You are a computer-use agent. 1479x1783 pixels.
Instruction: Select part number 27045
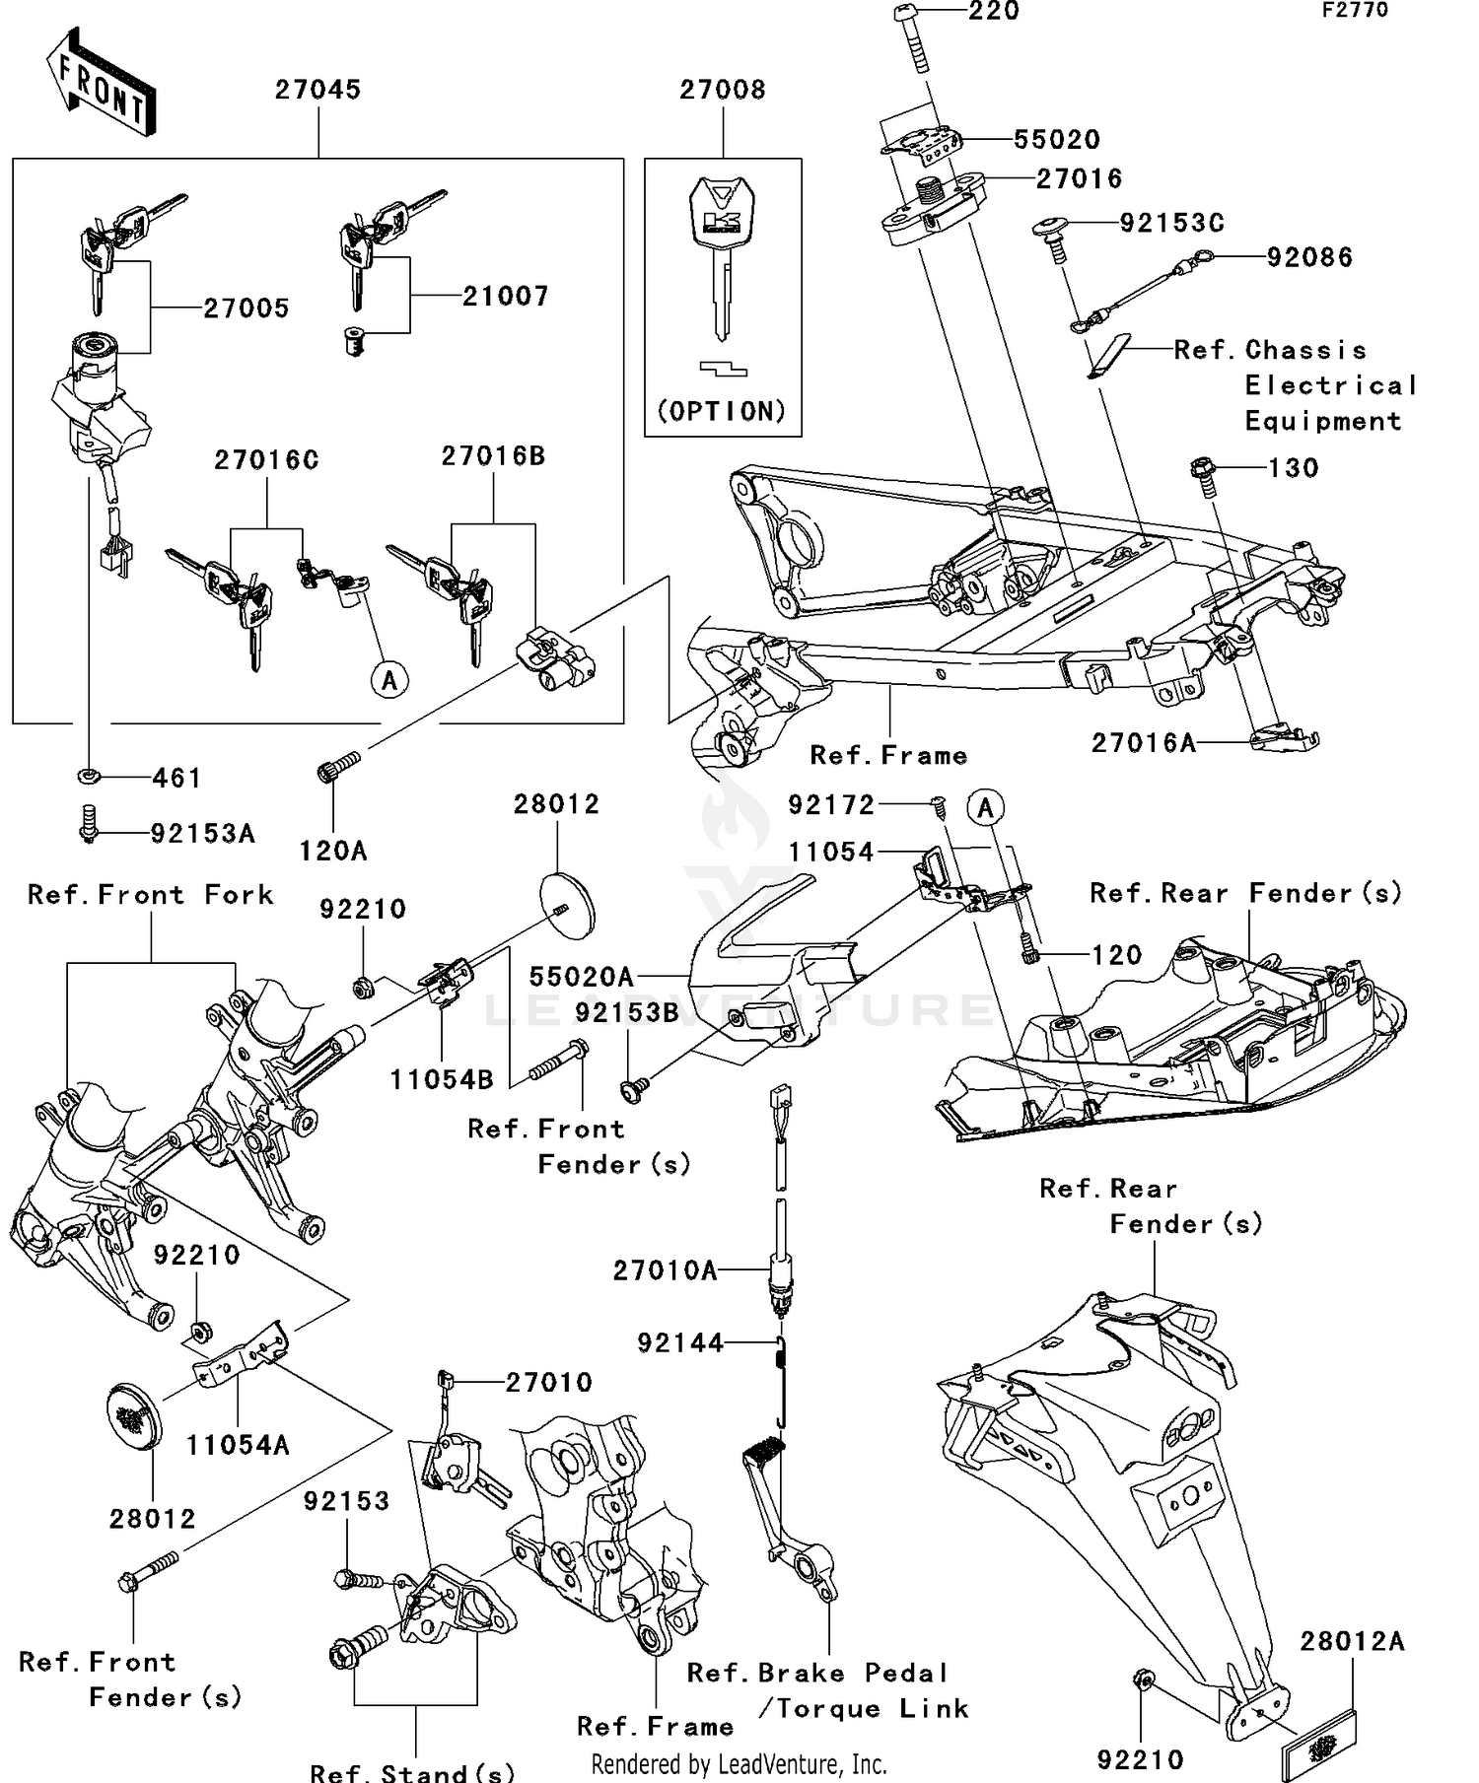[x=317, y=90]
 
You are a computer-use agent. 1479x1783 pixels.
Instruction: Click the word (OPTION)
[x=723, y=411]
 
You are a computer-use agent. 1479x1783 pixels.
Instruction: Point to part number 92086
[x=1309, y=257]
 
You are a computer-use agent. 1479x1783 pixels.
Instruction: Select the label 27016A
[x=1143, y=743]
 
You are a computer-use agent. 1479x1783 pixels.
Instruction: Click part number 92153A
[x=202, y=834]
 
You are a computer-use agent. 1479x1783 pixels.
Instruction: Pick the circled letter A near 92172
[x=985, y=808]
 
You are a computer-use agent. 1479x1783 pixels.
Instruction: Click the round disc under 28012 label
[x=568, y=904]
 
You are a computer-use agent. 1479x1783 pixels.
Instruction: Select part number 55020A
[x=581, y=977]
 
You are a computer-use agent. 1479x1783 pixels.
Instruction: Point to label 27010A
[x=665, y=1270]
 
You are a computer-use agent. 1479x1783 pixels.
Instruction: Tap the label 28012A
[x=1352, y=1641]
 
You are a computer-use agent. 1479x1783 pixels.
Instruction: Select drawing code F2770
[x=1355, y=11]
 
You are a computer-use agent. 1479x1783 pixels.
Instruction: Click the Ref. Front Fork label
[x=150, y=895]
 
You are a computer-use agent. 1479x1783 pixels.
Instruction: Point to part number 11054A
[x=238, y=1445]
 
